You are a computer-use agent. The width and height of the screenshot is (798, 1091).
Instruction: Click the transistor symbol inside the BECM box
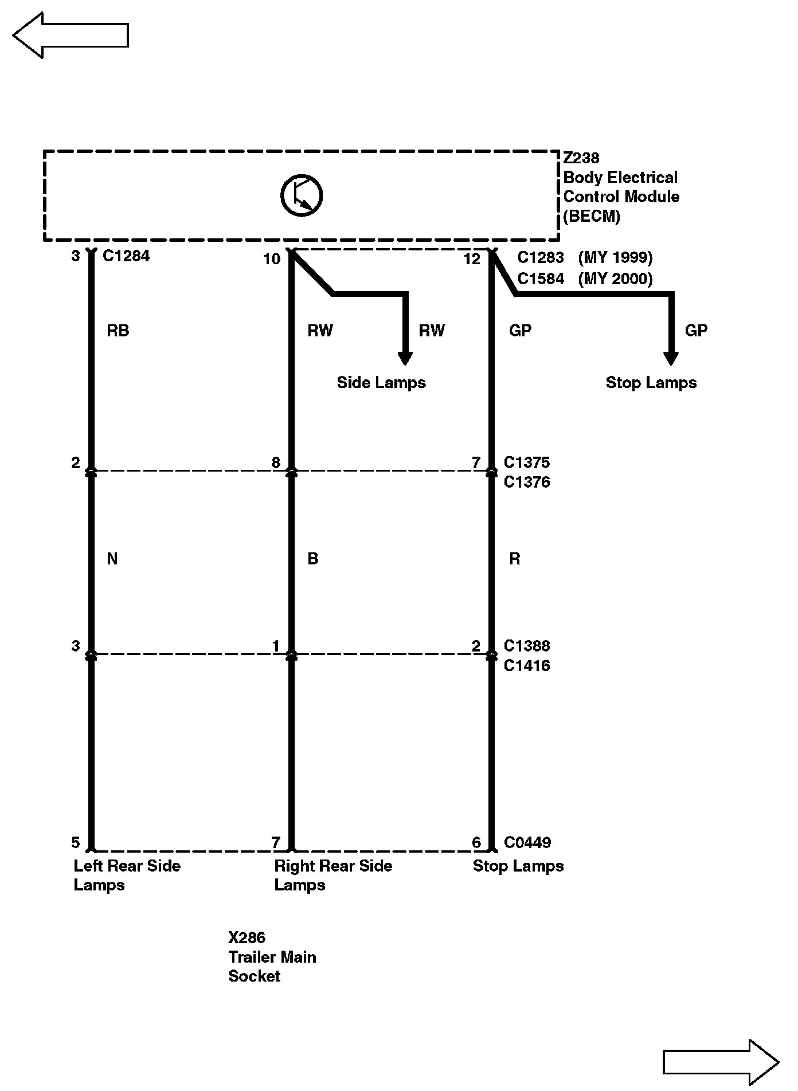[x=302, y=195]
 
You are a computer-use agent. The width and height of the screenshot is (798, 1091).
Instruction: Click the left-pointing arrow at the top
[x=70, y=35]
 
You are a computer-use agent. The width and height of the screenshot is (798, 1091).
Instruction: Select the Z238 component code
[x=581, y=158]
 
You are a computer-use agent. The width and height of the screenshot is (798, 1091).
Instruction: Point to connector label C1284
[x=126, y=256]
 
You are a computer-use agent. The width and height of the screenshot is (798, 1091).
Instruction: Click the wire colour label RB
[x=118, y=331]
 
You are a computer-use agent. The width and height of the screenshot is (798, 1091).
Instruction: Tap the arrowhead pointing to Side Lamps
[x=405, y=358]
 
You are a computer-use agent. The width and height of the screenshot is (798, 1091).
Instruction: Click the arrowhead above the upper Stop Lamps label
[x=670, y=358]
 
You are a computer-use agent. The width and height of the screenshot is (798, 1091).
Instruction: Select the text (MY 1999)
[x=615, y=258]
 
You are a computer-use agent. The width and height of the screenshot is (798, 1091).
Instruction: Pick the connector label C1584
[x=541, y=278]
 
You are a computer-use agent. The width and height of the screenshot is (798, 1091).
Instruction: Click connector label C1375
[x=527, y=462]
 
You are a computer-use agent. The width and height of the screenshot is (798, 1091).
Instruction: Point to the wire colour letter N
[x=112, y=559]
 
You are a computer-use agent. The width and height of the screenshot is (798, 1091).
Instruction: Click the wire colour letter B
[x=313, y=559]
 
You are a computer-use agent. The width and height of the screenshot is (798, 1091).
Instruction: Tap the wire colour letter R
[x=515, y=559]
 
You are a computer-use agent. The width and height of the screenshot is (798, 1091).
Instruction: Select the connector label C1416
[x=527, y=665]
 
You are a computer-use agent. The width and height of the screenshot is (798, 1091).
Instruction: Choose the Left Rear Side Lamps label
[x=127, y=875]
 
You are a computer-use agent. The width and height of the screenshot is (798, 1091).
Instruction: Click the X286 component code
[x=247, y=937]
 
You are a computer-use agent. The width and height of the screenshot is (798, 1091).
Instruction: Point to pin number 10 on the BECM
[x=272, y=259]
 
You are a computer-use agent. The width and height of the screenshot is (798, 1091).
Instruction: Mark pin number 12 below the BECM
[x=472, y=259]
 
